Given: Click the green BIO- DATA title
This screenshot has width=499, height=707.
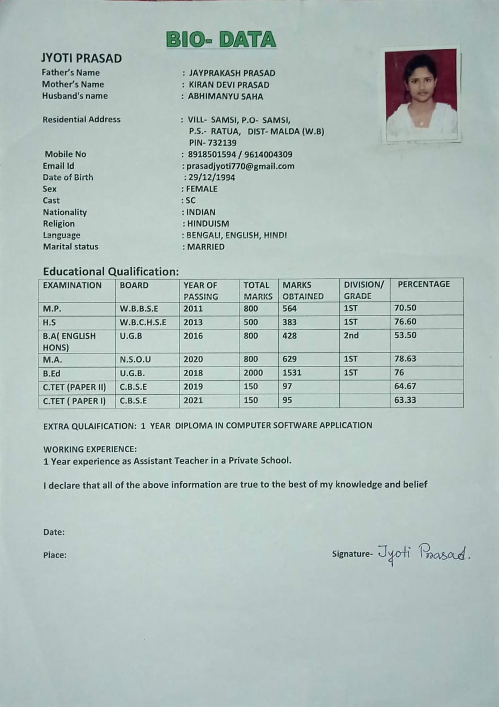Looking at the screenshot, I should [x=221, y=40].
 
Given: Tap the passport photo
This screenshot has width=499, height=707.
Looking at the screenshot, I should [x=421, y=94].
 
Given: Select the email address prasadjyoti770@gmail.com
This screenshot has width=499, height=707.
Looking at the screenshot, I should [x=240, y=166].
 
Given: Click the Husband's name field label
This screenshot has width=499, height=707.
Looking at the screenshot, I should [x=75, y=96].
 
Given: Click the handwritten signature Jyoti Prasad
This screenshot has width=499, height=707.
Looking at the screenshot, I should [x=424, y=552].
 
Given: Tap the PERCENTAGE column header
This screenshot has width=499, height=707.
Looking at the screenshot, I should [x=424, y=284].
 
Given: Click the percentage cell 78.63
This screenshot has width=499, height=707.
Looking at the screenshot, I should [x=405, y=359].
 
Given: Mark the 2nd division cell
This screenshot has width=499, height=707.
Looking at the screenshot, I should [x=351, y=335].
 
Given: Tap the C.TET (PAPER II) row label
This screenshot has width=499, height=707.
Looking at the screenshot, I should [x=74, y=387].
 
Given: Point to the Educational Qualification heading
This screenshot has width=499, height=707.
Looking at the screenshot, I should [x=111, y=271].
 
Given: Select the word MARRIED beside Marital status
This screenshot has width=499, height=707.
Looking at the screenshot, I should [x=206, y=247].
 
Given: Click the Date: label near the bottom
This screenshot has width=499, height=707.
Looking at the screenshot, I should [x=54, y=532].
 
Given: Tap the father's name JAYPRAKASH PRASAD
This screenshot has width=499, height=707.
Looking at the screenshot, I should [x=232, y=73].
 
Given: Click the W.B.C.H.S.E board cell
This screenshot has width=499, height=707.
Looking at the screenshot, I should [x=143, y=322].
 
